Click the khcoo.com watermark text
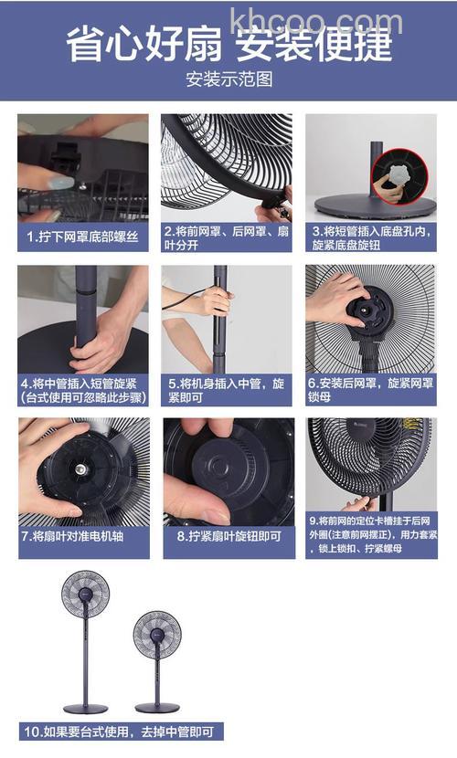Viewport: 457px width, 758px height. tap(316, 20)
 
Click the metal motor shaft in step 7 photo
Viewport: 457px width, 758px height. tap(80, 468)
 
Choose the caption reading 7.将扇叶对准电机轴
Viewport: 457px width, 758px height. tap(83, 536)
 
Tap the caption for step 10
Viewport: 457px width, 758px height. tap(122, 732)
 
